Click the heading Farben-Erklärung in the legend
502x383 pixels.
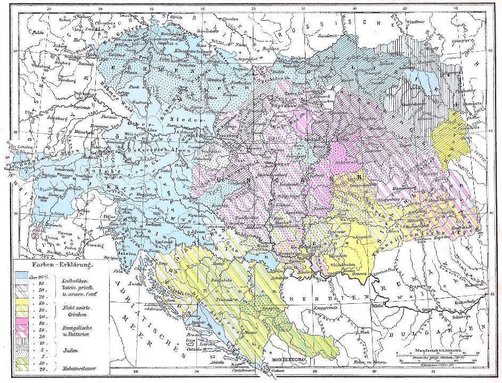(55, 264)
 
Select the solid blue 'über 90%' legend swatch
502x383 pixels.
(21, 277)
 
